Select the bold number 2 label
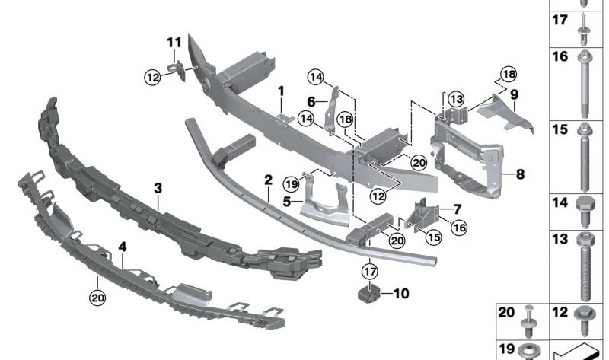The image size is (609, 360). [268, 180]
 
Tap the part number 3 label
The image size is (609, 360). [158, 187]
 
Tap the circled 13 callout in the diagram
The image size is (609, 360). [455, 98]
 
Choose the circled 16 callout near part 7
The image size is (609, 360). [460, 227]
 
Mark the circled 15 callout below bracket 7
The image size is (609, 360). [433, 237]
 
